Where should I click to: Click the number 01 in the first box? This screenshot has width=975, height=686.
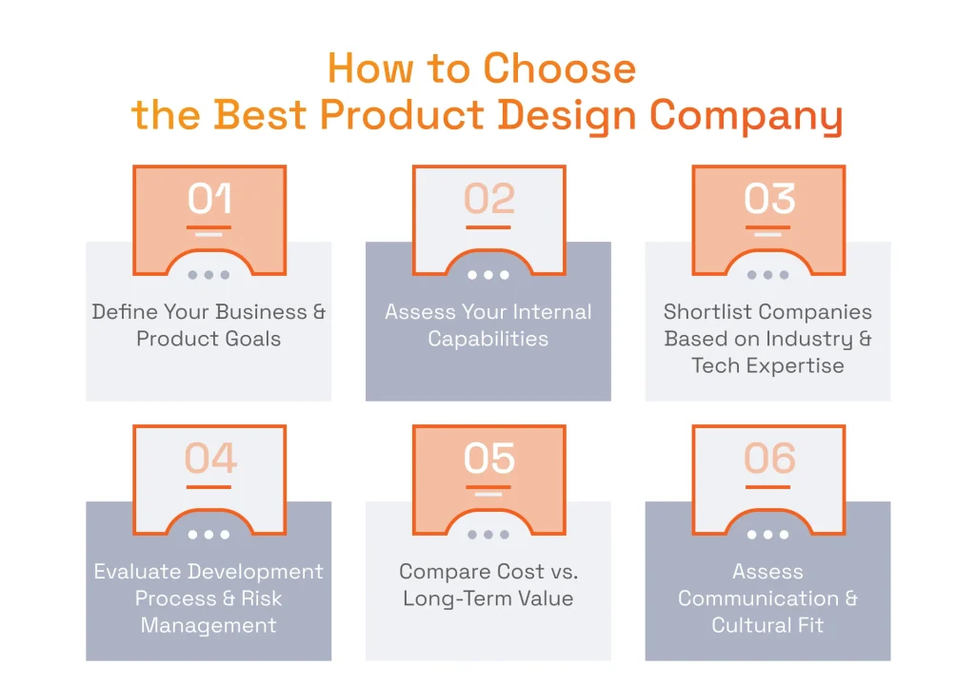point(209,199)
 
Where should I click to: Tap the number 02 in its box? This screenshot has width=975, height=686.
point(488,199)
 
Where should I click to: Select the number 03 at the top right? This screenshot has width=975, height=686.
point(768,199)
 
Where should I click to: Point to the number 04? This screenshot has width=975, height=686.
point(209,459)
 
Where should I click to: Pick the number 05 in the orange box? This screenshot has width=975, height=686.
point(488,459)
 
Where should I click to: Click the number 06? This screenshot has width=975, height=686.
point(768,459)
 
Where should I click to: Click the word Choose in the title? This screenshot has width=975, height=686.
point(559,69)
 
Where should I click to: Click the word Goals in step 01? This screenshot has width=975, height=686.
point(250,339)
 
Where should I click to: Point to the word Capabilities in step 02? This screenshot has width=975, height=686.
point(488,339)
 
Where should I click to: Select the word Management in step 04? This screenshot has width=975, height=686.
point(209,625)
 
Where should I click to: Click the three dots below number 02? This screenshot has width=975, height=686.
point(488,275)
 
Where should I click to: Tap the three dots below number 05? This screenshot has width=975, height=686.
point(488,535)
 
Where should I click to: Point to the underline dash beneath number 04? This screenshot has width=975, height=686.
point(209,487)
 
